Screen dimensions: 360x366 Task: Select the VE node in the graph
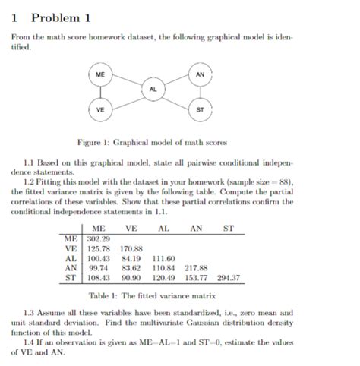[100, 109]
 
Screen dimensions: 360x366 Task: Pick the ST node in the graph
[200, 109]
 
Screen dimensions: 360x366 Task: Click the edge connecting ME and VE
[100, 92]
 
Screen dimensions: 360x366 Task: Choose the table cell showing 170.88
[131, 248]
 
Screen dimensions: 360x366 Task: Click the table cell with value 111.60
[164, 258]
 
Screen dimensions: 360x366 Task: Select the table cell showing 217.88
[196, 268]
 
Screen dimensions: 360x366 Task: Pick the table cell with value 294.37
[229, 278]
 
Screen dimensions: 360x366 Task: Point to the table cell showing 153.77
[196, 278]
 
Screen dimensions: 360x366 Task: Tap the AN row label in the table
[71, 268]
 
